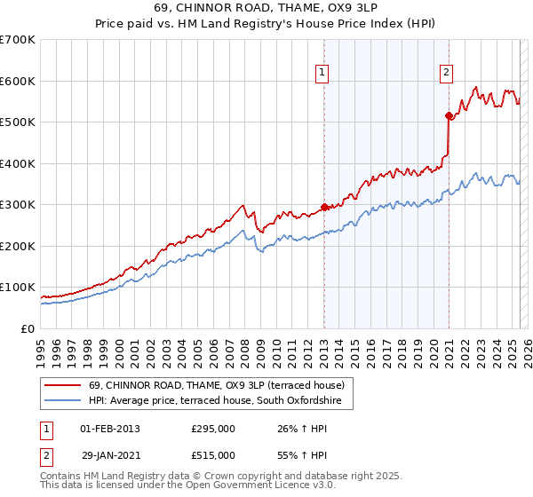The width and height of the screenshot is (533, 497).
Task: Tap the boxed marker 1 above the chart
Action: pyautogui.click(x=322, y=74)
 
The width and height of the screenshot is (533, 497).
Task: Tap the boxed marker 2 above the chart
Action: pyautogui.click(x=446, y=74)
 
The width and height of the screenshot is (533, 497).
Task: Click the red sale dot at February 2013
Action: pyautogui.click(x=323, y=207)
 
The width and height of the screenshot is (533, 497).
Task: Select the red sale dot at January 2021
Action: pyautogui.click(x=449, y=115)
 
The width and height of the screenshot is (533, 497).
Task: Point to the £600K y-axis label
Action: pyautogui.click(x=18, y=81)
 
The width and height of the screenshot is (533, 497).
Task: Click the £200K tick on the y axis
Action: pyautogui.click(x=18, y=246)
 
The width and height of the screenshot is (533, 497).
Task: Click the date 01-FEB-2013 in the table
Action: pyautogui.click(x=110, y=429)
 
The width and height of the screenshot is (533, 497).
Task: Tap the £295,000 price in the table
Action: pyautogui.click(x=213, y=429)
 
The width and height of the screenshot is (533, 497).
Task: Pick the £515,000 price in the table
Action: pyautogui.click(x=213, y=455)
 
